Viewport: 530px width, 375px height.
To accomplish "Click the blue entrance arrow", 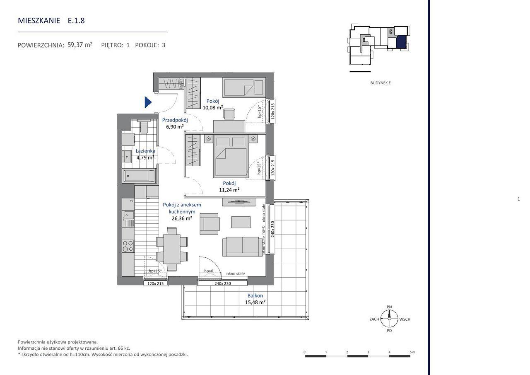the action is coord(148,102).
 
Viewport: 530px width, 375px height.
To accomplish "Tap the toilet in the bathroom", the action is coord(144,127).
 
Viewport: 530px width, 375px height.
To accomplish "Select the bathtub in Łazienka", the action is coord(139,176).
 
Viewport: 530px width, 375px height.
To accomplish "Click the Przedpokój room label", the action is coord(175,120).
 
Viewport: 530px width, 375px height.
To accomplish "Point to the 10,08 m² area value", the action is coord(213,107).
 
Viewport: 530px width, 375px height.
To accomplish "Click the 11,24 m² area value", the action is coord(229,190).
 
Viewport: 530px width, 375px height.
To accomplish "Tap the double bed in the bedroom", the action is coord(231,156).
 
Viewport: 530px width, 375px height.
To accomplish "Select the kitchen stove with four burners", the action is coord(128,246).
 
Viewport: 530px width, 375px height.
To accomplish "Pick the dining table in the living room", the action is coord(172,249).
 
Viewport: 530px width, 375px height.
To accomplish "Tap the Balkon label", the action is coord(255,295).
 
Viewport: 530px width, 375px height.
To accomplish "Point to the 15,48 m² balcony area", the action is coord(255,302).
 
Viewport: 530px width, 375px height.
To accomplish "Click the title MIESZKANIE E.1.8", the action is coord(51,21).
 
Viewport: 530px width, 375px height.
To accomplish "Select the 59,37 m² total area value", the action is coord(80,45).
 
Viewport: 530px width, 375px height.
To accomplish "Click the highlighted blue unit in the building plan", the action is coord(401,42).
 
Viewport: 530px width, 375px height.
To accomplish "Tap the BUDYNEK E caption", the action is coord(381,83).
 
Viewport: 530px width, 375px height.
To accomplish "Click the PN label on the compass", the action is coord(389,307).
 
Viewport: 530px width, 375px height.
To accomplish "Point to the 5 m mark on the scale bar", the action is coord(412,352).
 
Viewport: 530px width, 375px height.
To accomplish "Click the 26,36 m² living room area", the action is coord(182,218).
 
